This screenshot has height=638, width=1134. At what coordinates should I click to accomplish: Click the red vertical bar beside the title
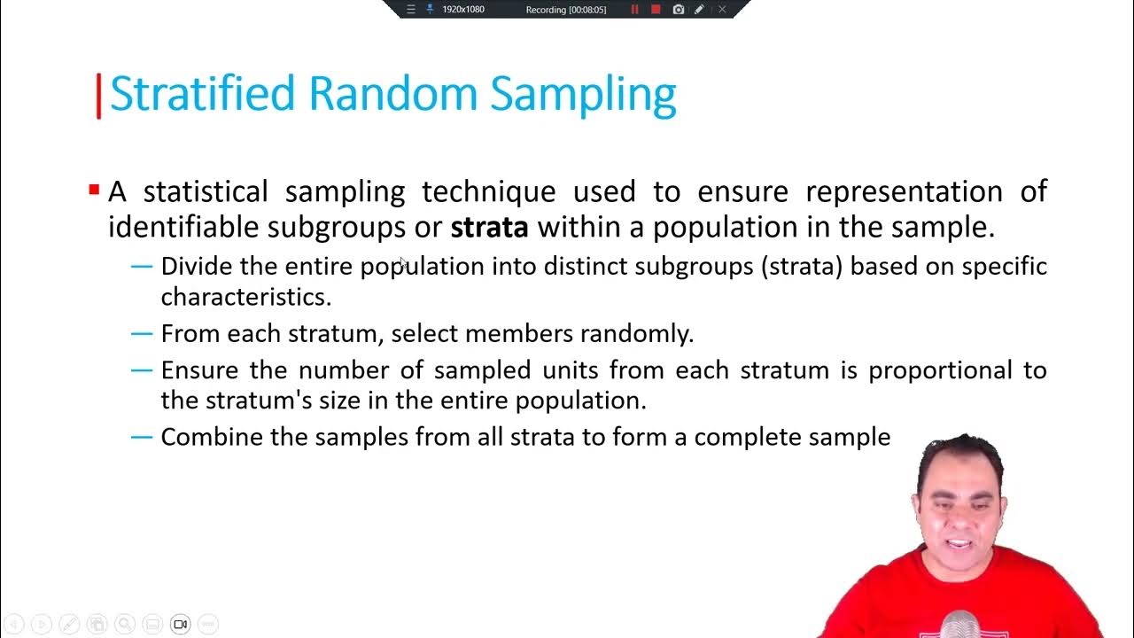(98, 96)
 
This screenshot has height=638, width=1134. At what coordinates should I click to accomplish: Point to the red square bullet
(94, 190)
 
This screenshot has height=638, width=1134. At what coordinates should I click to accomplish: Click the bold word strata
(489, 227)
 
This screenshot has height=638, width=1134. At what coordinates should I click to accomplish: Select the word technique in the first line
(488, 191)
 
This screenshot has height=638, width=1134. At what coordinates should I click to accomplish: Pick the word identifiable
(184, 227)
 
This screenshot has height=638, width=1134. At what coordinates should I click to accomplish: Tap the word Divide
(198, 266)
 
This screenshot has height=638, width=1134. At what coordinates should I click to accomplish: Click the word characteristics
(245, 296)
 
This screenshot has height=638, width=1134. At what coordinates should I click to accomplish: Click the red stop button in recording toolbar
(656, 9)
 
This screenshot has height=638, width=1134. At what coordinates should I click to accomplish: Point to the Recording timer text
(565, 9)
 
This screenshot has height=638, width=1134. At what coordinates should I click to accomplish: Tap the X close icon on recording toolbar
(722, 9)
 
